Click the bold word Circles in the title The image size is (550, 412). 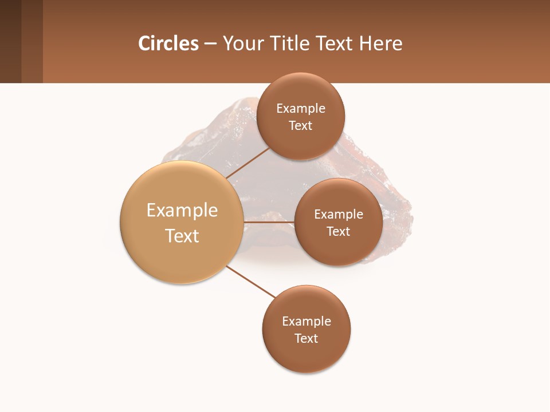click(168, 43)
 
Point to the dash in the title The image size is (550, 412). click(210, 44)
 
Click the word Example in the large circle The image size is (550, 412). click(182, 211)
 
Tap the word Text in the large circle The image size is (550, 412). click(182, 236)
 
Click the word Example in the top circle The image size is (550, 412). click(301, 108)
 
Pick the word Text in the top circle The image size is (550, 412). click(301, 125)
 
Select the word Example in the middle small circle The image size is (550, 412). click(339, 214)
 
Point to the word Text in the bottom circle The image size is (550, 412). click(306, 338)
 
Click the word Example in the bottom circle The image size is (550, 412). click(307, 321)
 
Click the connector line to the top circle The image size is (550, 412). click(247, 163)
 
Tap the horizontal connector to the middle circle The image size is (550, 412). click(269, 221)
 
